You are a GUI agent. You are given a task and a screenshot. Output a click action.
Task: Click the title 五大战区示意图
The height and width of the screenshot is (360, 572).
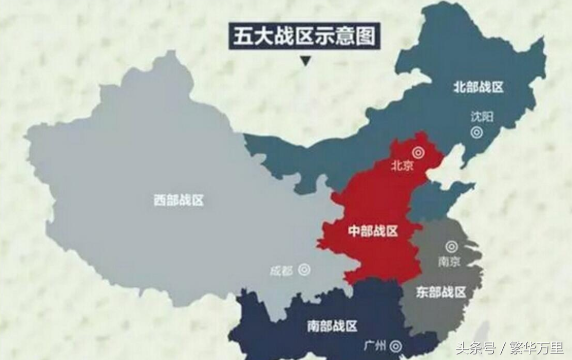(305, 36)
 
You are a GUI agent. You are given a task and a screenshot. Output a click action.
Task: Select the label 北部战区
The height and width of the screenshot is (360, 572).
(478, 87)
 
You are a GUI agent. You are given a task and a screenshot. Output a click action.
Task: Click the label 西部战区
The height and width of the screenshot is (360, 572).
(179, 201)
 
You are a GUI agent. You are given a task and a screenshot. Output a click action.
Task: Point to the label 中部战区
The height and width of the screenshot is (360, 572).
(373, 231)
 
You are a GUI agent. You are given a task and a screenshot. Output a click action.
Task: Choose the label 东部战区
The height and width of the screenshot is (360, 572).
(441, 292)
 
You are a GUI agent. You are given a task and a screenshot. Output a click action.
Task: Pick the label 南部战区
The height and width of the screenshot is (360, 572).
(332, 326)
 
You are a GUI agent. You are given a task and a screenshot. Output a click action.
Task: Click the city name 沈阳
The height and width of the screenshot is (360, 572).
(482, 116)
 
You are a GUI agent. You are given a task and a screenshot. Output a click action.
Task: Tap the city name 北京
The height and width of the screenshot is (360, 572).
(402, 165)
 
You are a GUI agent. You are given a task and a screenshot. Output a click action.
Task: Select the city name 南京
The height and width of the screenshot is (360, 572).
(449, 262)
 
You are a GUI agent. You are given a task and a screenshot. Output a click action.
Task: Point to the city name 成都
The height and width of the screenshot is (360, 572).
(281, 271)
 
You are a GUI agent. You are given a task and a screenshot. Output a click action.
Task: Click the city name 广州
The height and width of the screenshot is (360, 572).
(375, 345)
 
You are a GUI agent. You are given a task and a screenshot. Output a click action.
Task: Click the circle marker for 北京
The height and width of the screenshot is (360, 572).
(418, 152)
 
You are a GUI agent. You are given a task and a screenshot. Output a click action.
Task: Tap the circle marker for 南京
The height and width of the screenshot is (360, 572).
(452, 247)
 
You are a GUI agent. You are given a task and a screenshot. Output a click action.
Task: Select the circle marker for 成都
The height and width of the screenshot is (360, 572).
(304, 270)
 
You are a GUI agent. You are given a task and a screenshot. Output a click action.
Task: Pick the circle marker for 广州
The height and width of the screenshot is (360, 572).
(396, 346)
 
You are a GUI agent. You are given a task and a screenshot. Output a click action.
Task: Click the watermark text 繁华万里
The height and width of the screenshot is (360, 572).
(535, 348)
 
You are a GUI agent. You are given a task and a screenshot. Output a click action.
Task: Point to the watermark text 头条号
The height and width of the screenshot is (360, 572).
(476, 348)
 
